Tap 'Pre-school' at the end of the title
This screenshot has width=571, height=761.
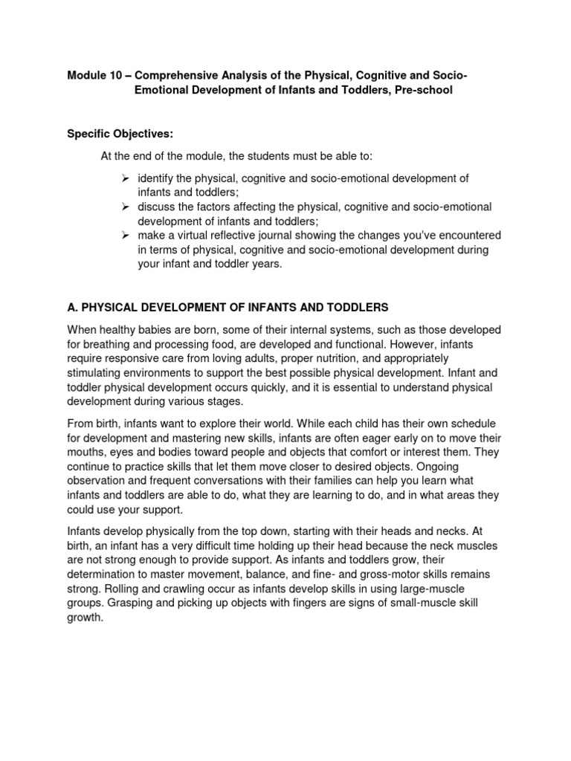click(x=424, y=90)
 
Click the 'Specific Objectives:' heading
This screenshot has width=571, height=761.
click(x=120, y=133)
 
